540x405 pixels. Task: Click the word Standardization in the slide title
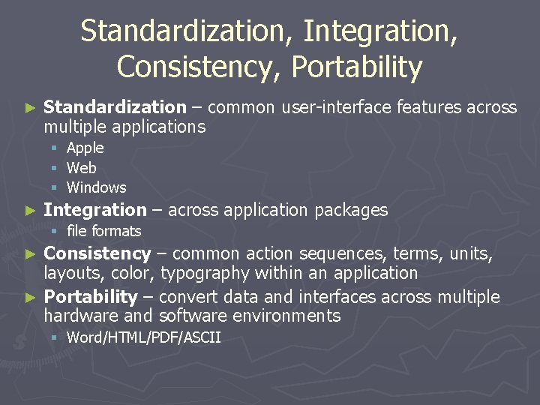(x=188, y=32)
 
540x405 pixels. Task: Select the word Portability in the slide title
(x=357, y=67)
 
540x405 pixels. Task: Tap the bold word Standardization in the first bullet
(x=115, y=108)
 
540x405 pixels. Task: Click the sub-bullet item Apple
(x=85, y=148)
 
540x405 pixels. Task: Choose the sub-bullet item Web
(x=82, y=168)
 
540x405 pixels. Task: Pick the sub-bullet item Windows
(x=97, y=187)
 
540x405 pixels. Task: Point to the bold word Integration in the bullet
(x=95, y=210)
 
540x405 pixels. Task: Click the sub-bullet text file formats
(x=103, y=231)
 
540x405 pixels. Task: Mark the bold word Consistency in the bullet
(x=97, y=254)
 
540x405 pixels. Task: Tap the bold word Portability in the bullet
(x=91, y=297)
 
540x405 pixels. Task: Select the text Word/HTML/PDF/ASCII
(x=144, y=337)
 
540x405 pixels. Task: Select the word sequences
(x=299, y=254)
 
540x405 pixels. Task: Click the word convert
(x=187, y=297)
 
